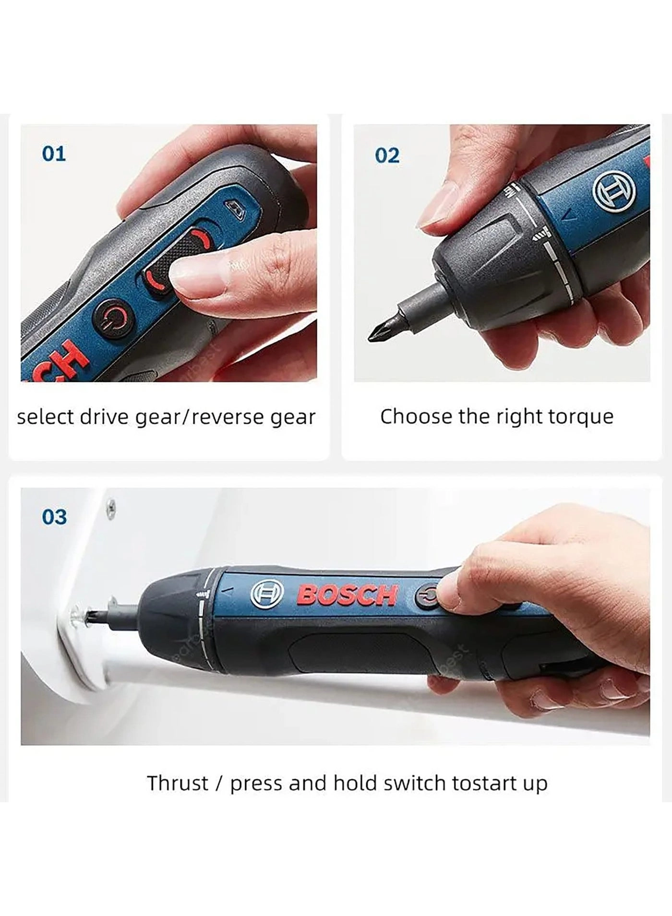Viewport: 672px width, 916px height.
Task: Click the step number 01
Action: click(x=54, y=154)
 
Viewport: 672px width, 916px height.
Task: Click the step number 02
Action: click(x=387, y=156)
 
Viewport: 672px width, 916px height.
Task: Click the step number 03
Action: click(x=54, y=517)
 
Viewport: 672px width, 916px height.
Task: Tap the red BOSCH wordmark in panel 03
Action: click(x=347, y=595)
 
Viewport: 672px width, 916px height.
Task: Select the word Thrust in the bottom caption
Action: click(x=177, y=783)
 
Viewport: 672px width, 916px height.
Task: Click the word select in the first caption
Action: click(x=45, y=416)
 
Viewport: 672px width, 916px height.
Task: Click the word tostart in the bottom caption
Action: click(x=480, y=783)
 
